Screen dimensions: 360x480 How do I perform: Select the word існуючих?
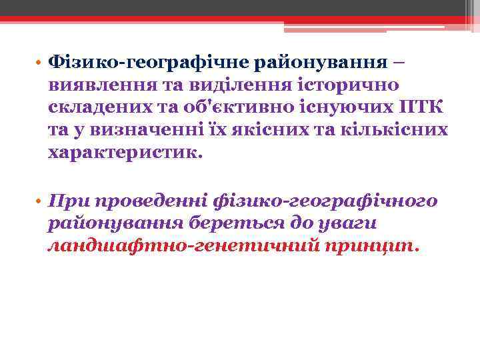[x=355, y=107]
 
